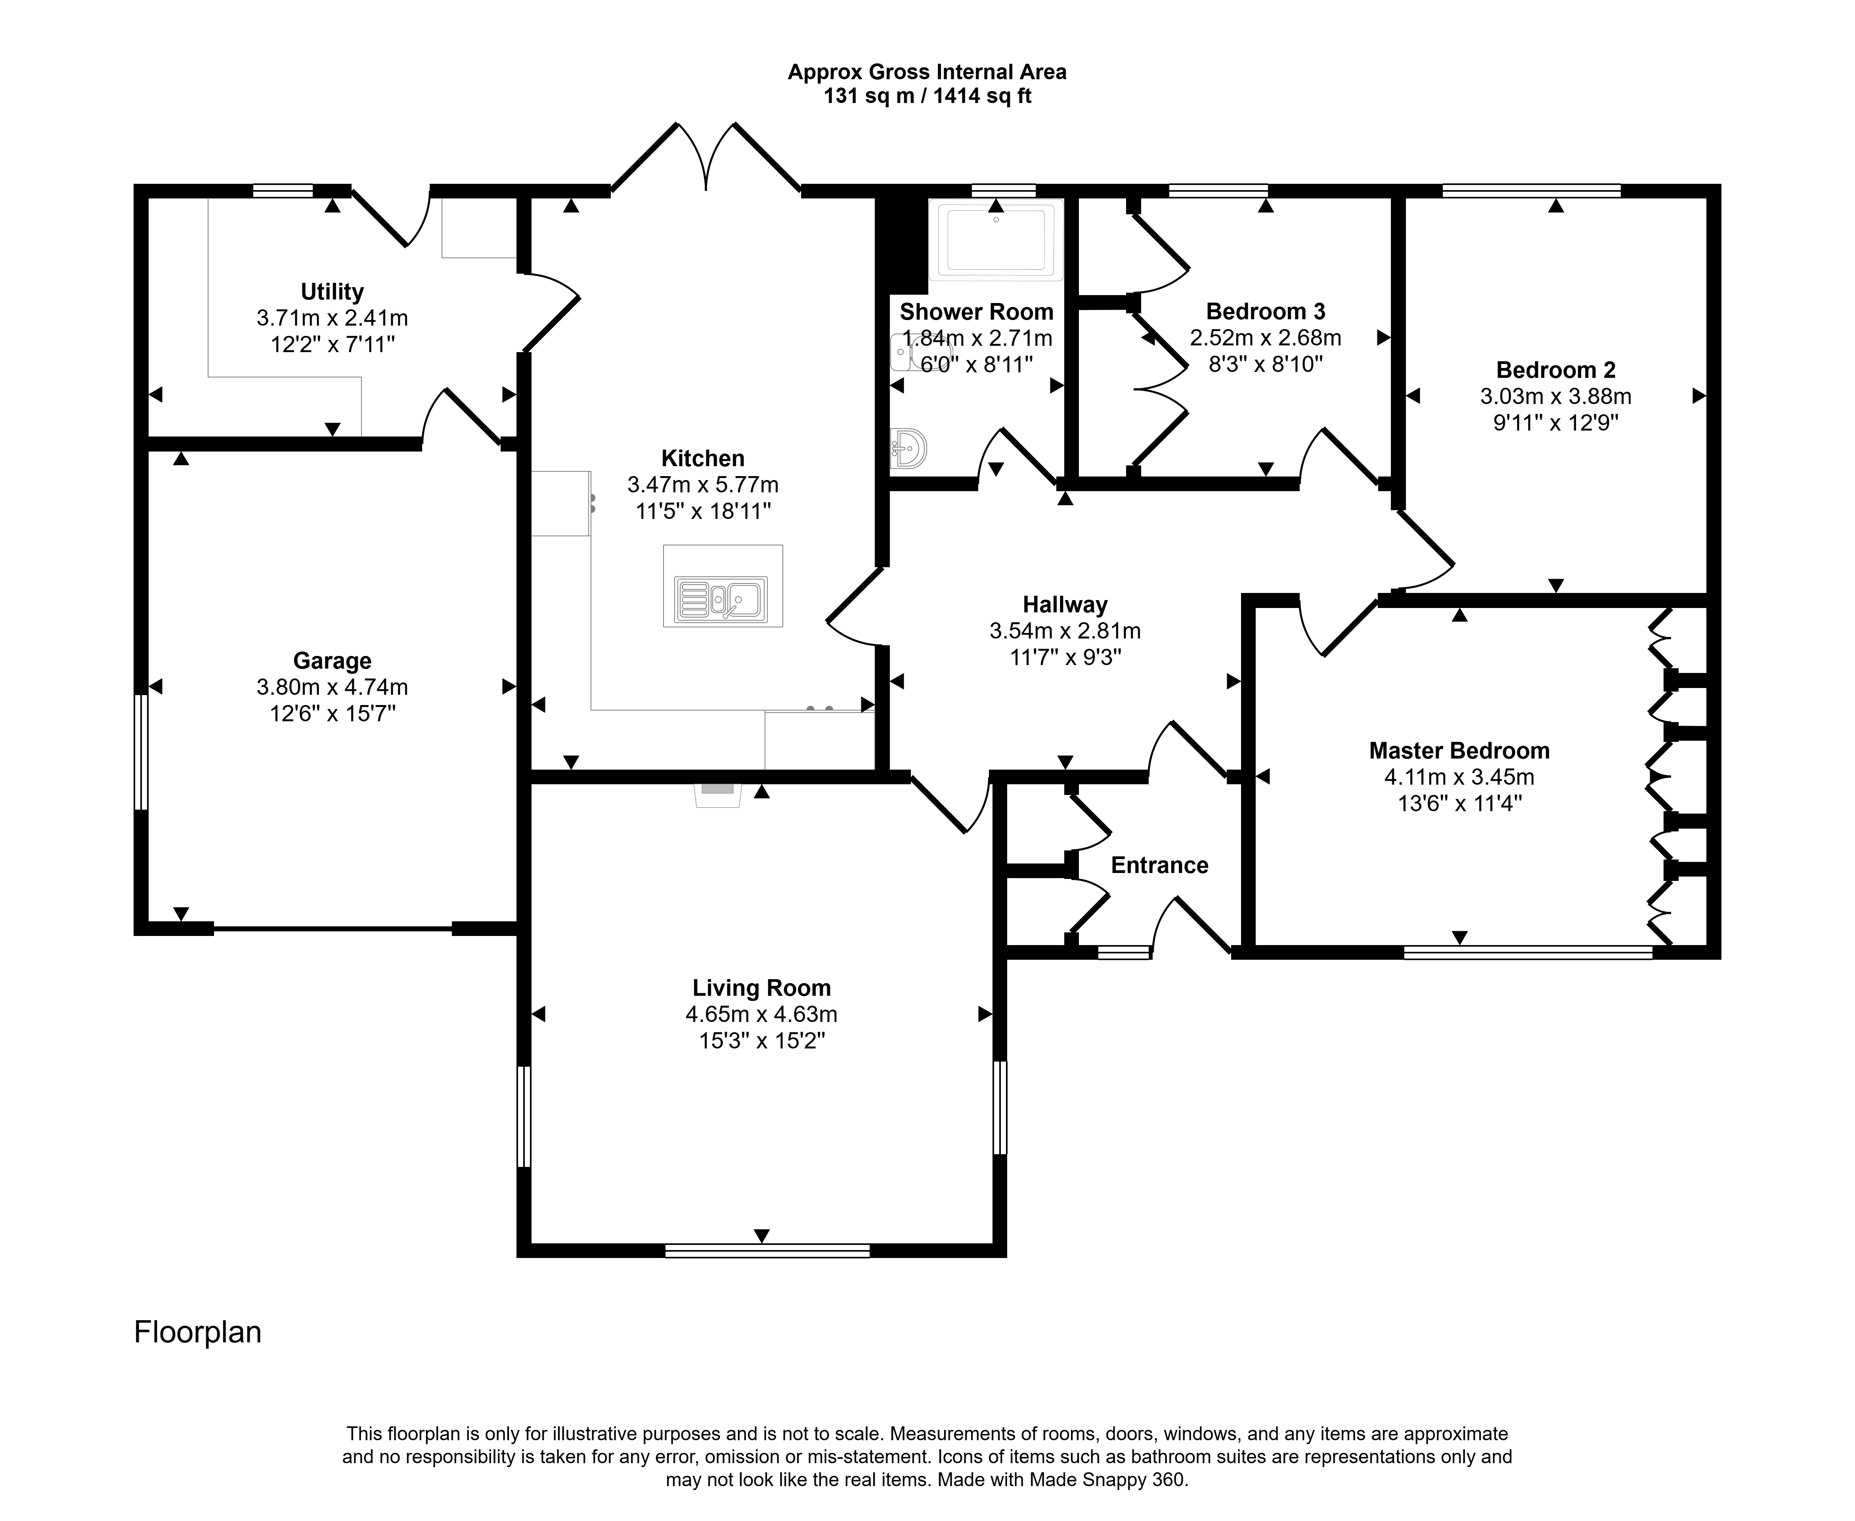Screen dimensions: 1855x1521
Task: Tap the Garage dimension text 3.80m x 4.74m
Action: pos(332,688)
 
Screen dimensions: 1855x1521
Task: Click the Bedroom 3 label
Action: pos(1265,311)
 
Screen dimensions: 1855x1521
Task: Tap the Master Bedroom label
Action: pos(1459,751)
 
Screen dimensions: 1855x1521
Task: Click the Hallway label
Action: pos(1065,604)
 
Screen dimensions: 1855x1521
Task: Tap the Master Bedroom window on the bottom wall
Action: pos(1528,952)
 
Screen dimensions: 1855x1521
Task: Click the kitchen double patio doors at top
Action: pos(706,158)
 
